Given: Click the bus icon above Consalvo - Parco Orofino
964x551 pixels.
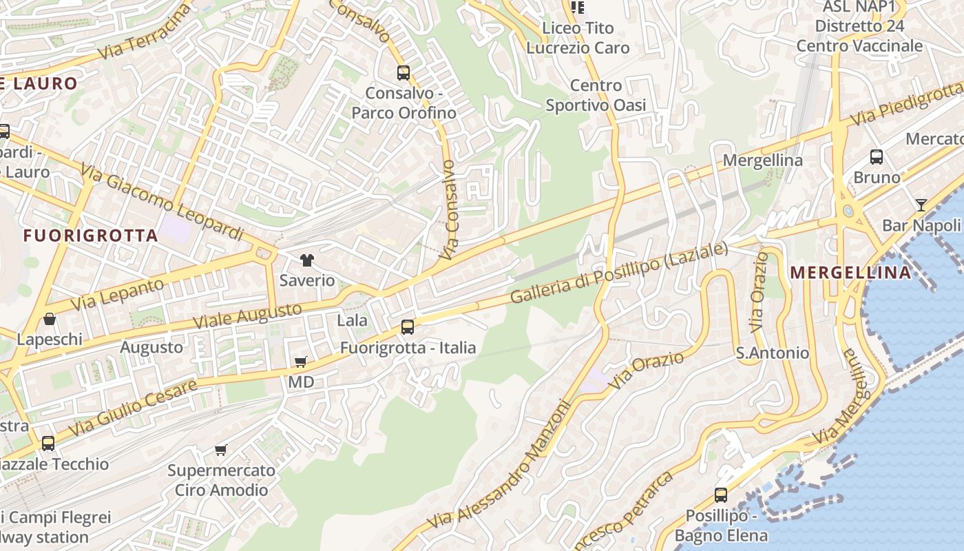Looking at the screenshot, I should tap(404, 72).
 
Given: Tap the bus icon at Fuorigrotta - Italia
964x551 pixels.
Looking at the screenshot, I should tap(408, 327).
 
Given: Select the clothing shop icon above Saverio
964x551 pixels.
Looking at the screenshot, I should tap(306, 260).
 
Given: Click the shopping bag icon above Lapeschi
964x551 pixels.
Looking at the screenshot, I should tap(50, 319).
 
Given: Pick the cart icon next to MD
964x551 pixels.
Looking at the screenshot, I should tap(300, 362).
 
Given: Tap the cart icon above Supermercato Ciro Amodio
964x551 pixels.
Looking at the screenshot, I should tap(220, 450).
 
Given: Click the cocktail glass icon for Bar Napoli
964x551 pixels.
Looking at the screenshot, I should tap(921, 205).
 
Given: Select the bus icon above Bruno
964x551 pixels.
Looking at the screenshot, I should tap(877, 157).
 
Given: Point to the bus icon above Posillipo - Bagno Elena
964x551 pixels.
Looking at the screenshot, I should tap(721, 495).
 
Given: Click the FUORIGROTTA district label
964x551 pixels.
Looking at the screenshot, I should tap(91, 236).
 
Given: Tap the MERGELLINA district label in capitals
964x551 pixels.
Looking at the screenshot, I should tap(850, 272).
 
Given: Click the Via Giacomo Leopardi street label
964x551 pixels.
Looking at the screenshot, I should tap(162, 201).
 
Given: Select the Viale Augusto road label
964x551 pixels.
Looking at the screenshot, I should tap(247, 315).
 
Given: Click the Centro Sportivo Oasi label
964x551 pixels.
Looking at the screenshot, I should tap(596, 95).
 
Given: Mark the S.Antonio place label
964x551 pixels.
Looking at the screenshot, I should tap(773, 353).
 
